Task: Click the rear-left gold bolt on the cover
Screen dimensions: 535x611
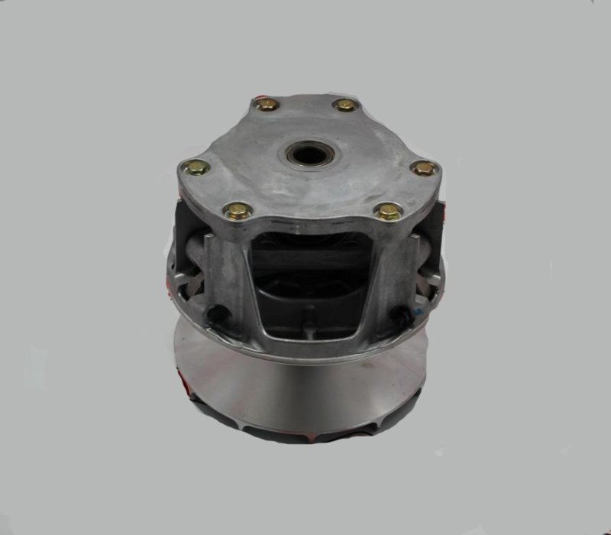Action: [267, 105]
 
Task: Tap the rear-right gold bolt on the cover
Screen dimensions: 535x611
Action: [345, 105]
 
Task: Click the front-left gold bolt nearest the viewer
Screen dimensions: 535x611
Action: [238, 210]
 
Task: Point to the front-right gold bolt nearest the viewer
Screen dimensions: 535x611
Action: [389, 211]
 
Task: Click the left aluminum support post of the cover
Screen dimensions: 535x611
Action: [229, 275]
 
